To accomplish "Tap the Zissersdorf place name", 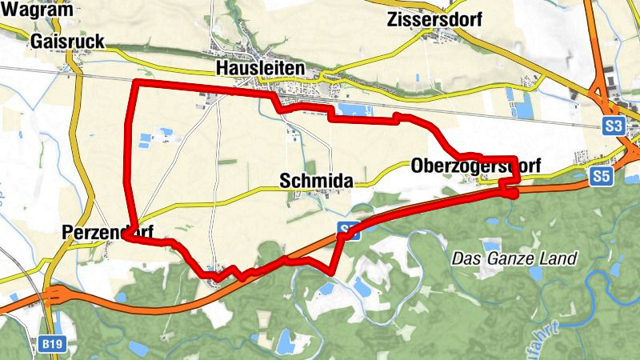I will click(434, 20).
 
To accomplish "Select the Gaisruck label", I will click(64, 42).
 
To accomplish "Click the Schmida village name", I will click(316, 182).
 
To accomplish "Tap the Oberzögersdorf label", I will click(476, 166).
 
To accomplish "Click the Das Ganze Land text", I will click(514, 259).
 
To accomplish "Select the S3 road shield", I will click(614, 126).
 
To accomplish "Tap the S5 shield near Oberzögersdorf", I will click(601, 178).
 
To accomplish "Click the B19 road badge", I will click(51, 344).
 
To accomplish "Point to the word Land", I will click(558, 259).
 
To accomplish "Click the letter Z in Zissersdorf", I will click(391, 20).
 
